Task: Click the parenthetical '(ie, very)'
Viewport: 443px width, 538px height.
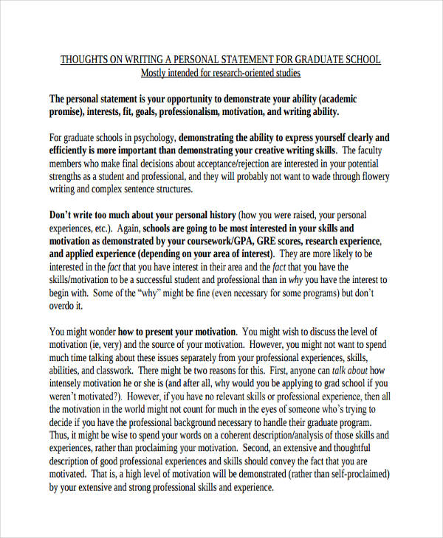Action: pyautogui.click(x=100, y=344)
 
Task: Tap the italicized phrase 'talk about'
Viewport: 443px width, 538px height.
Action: pyautogui.click(x=348, y=370)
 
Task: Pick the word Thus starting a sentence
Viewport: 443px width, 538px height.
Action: pyautogui.click(x=59, y=435)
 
